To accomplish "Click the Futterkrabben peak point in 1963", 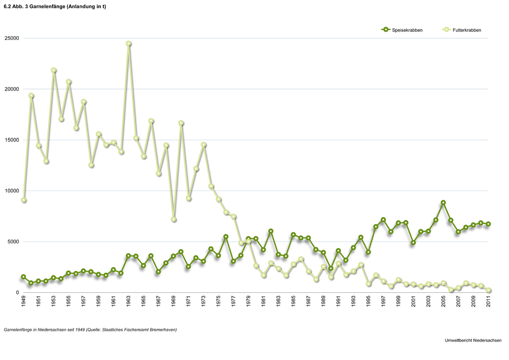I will coord(129,44).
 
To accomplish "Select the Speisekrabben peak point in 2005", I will coord(443,203).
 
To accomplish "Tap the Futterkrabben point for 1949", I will coord(24,200).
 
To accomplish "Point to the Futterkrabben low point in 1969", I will coord(174,219).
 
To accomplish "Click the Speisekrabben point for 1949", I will coord(23,277).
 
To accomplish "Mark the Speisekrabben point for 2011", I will coord(488,224).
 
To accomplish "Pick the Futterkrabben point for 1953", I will coord(53,70).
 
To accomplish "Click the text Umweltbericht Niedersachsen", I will coord(473,340).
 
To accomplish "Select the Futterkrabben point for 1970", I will coord(181,123).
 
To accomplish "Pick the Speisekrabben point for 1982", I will coord(271,231).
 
